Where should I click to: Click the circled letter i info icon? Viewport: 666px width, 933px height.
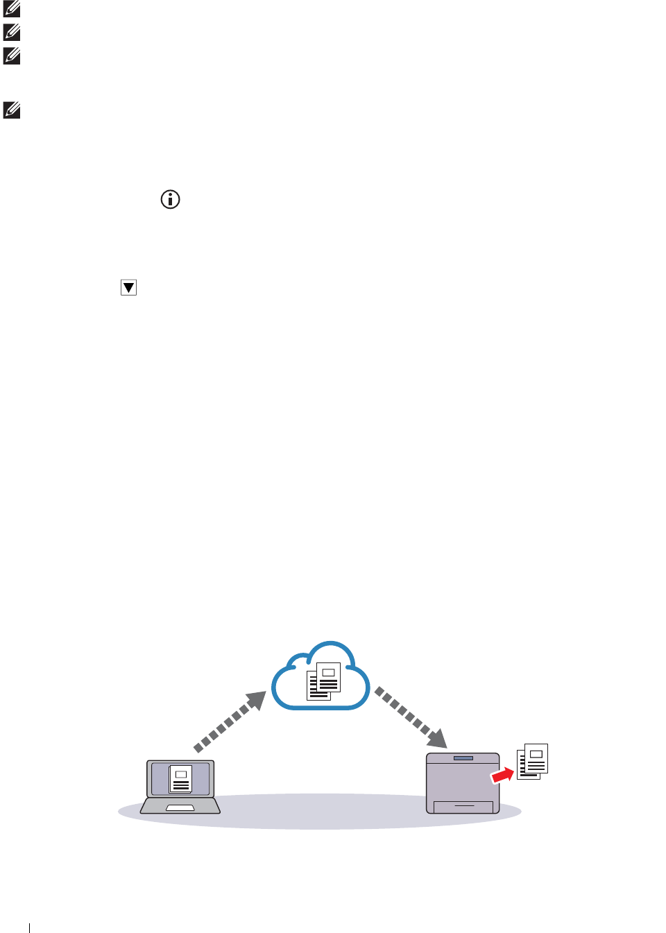[x=170, y=200]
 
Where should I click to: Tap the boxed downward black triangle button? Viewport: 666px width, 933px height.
[x=128, y=287]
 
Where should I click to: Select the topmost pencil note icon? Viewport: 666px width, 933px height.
[x=12, y=9]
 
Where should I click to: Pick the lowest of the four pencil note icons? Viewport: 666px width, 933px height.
[x=12, y=110]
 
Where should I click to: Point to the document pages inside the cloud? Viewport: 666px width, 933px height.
[x=323, y=681]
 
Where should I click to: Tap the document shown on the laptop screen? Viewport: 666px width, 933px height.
[x=180, y=779]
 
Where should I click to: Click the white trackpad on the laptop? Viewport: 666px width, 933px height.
[x=180, y=808]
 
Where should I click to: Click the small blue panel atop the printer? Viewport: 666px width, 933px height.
[x=463, y=758]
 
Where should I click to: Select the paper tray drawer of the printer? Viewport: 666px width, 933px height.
[x=463, y=807]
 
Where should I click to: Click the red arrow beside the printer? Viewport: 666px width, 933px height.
[x=503, y=775]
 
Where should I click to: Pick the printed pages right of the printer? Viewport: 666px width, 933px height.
[x=533, y=761]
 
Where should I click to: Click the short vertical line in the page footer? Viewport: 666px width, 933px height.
[x=30, y=927]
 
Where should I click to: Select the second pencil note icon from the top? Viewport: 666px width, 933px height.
[x=12, y=32]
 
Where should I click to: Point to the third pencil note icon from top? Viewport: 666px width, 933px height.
[x=12, y=55]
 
